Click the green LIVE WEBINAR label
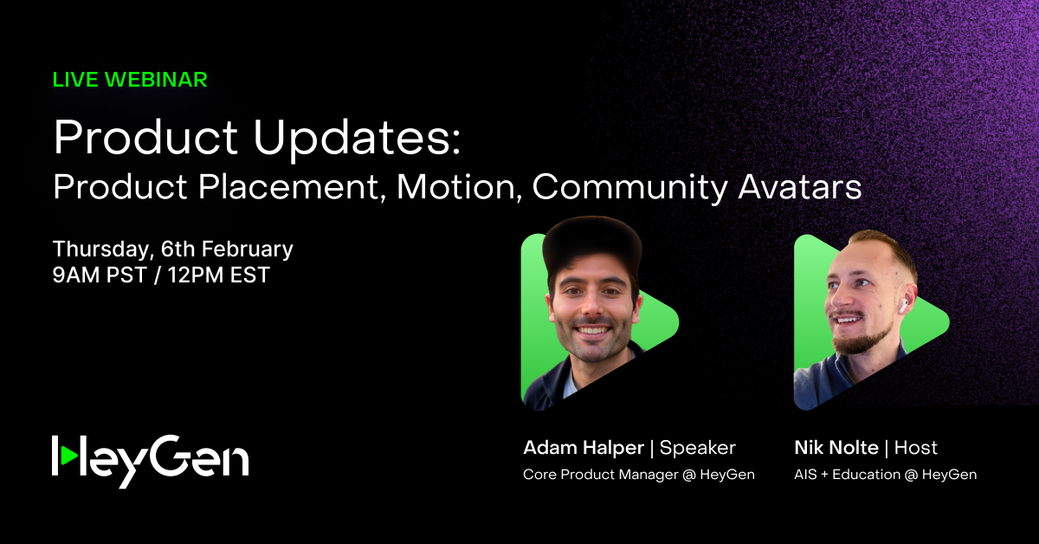pyautogui.click(x=130, y=80)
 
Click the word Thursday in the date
pyautogui.click(x=103, y=249)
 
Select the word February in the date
pyautogui.click(x=251, y=249)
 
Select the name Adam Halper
pyautogui.click(x=584, y=448)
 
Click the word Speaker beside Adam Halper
pyautogui.click(x=698, y=448)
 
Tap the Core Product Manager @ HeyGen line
pyautogui.click(x=639, y=475)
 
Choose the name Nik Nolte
pyautogui.click(x=836, y=448)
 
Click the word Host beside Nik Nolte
pyautogui.click(x=916, y=448)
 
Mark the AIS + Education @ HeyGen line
pyautogui.click(x=885, y=475)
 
